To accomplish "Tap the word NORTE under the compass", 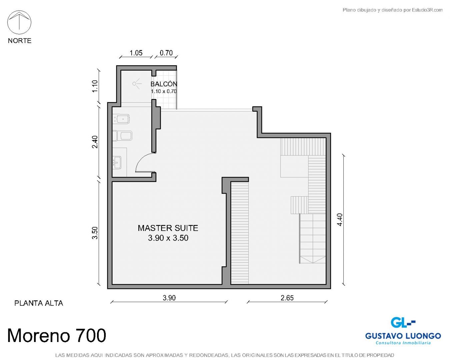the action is (x=20, y=41).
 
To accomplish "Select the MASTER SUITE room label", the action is (x=168, y=228).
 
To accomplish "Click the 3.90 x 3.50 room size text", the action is (x=168, y=238).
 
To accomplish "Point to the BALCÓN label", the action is (x=164, y=84).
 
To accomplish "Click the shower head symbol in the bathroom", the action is (x=137, y=84).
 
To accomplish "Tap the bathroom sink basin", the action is (x=117, y=163).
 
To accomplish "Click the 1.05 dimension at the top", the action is (x=136, y=53).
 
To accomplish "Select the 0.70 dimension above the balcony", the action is (x=166, y=53).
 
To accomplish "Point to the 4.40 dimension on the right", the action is (x=340, y=220).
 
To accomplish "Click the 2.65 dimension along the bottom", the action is (x=287, y=298).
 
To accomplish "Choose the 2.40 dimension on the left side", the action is (x=95, y=142).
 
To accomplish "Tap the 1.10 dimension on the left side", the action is (x=95, y=86).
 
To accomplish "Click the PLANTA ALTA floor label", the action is (x=39, y=303).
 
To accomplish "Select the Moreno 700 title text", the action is (x=57, y=336).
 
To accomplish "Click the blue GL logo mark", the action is (x=403, y=322).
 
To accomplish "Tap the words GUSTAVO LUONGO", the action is (x=403, y=336).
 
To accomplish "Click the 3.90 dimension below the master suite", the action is (x=169, y=298).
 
